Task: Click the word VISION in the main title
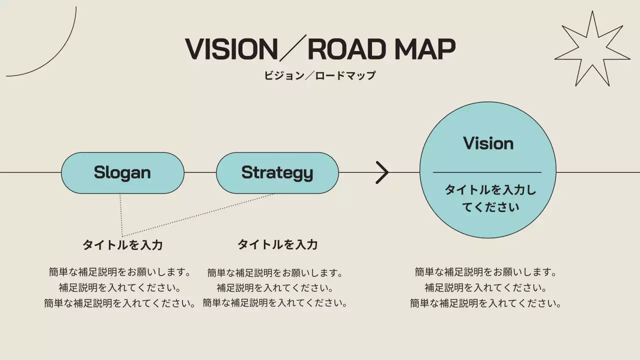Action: [231, 49]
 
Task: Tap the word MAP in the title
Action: [424, 49]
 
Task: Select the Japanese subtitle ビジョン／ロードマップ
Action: [319, 76]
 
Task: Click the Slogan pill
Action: [122, 172]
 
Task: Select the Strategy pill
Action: [277, 172]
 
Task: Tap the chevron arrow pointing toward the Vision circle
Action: [382, 172]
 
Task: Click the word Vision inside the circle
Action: [488, 143]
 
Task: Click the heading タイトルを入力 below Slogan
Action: [122, 245]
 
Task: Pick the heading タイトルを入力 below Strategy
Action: [277, 244]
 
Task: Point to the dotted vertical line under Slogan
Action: [120, 215]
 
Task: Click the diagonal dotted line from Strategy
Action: [200, 214]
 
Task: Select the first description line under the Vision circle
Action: [485, 272]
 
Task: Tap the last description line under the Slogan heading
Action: [119, 303]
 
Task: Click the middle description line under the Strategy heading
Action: [274, 288]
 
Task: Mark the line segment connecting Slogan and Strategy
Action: [200, 172]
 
